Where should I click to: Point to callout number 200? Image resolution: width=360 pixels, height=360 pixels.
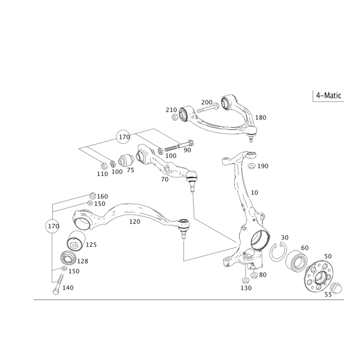(x=206, y=102)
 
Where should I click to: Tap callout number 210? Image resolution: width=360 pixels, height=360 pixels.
(x=171, y=109)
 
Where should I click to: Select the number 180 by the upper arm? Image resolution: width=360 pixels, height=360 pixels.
(x=261, y=117)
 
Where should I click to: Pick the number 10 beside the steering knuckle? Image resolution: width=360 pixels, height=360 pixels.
(x=255, y=193)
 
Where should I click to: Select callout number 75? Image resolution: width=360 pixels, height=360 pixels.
(x=130, y=171)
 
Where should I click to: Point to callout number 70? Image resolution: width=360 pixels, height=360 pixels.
(x=164, y=179)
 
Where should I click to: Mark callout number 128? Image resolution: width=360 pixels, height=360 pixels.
(x=82, y=261)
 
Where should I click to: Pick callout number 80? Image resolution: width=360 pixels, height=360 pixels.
(x=263, y=274)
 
